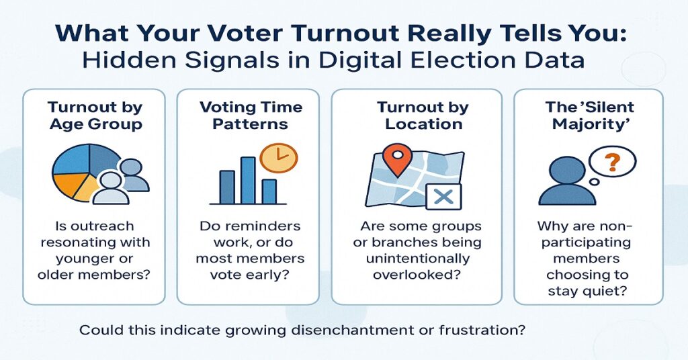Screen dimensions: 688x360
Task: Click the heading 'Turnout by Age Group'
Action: [x=95, y=116]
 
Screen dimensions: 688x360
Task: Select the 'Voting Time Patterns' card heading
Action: [x=251, y=116]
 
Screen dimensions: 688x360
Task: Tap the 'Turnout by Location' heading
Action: [x=423, y=116]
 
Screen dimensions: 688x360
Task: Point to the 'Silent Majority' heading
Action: [x=589, y=116]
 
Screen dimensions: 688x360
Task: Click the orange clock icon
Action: [x=279, y=158]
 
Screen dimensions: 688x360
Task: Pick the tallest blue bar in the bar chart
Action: [x=248, y=180]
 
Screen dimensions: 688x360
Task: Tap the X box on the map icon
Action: [x=443, y=197]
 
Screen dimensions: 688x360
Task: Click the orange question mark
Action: [x=613, y=162]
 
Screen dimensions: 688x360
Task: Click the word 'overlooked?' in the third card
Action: [x=417, y=275]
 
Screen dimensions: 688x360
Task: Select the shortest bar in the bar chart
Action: [x=269, y=191]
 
